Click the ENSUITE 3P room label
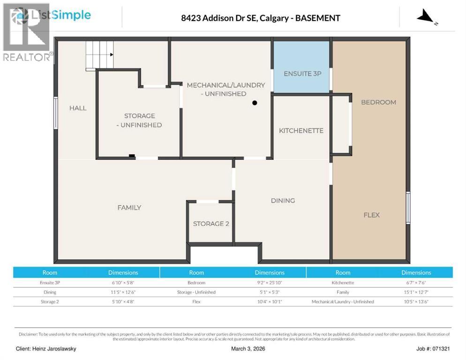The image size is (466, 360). tap(302, 74)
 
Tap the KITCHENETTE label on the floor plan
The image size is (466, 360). tap(301, 131)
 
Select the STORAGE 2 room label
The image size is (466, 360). tap(211, 224)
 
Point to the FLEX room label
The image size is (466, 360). tap(371, 215)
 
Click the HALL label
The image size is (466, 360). tap(78, 108)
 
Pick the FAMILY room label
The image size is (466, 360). tap(129, 207)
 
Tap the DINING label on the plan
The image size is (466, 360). tap(283, 201)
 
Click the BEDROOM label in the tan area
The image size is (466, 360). tap(378, 102)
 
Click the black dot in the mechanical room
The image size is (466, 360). tap(255, 103)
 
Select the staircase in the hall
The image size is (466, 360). tap(99, 55)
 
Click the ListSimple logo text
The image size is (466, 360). tap(60, 15)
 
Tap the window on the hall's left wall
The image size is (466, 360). tap(55, 113)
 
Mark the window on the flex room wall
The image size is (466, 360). tap(408, 208)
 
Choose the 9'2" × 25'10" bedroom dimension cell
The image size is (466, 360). tap(270, 283)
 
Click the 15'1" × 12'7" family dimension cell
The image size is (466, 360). tap(416, 292)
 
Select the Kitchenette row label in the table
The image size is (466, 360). tap(343, 283)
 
